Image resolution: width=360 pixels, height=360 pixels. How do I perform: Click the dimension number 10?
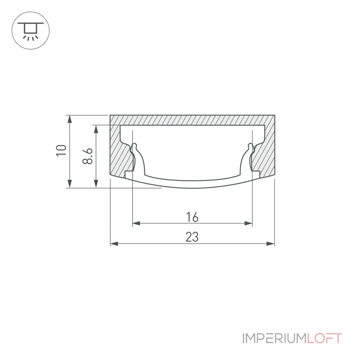[61, 151]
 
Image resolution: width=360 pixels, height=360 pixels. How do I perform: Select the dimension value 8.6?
[87, 156]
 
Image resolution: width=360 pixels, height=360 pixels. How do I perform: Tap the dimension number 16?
[192, 217]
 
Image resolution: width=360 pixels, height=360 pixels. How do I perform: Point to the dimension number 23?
[192, 237]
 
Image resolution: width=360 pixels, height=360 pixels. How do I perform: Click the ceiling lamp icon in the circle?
[31, 31]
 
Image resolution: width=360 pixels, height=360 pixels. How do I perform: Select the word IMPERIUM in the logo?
[274, 338]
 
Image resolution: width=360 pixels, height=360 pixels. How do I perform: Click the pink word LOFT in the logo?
[324, 338]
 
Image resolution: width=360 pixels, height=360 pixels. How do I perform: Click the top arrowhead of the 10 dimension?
[70, 119]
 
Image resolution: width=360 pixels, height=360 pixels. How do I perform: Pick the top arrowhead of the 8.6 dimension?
[96, 129]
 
